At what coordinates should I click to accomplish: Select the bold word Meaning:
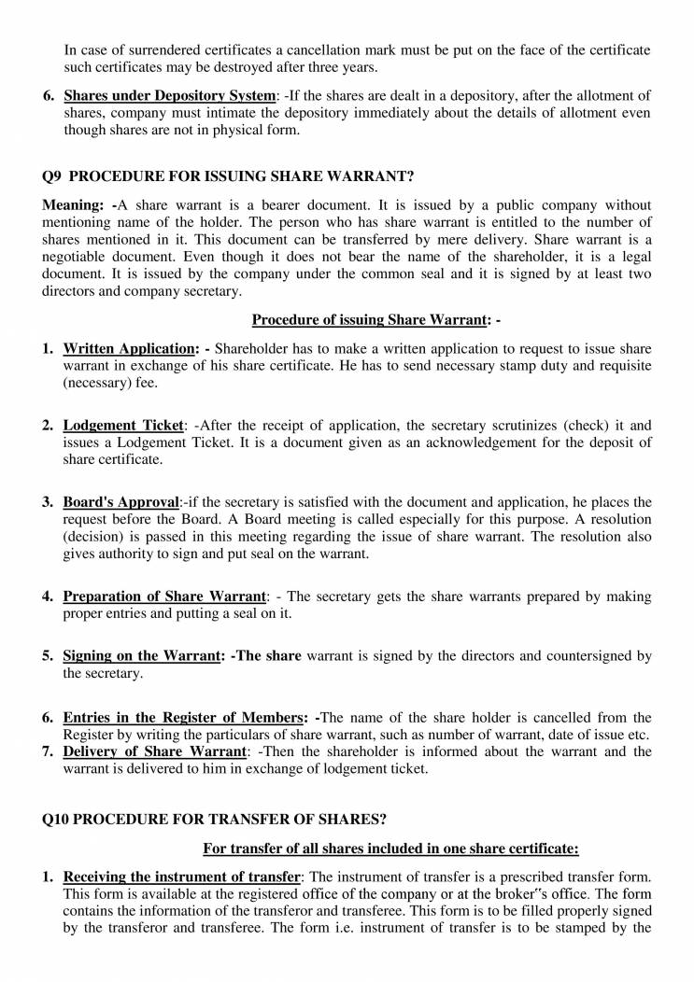click(x=76, y=204)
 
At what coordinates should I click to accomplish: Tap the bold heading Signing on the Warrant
click(x=139, y=655)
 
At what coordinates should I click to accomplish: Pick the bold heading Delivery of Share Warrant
click(x=154, y=751)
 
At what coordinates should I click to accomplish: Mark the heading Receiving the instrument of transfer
click(x=181, y=877)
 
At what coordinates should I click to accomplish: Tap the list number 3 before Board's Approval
click(x=47, y=502)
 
